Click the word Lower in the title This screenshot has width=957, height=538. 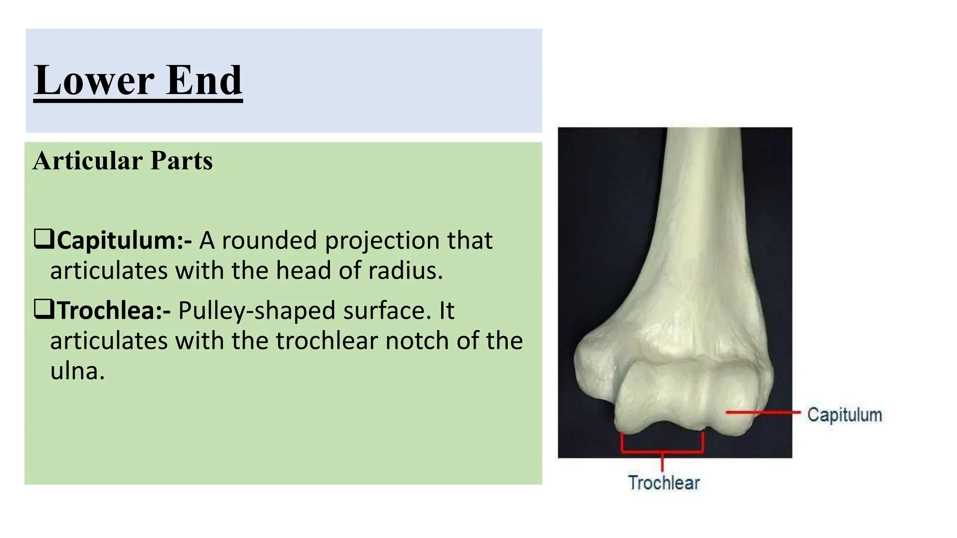click(x=93, y=80)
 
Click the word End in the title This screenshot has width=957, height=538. click(x=204, y=80)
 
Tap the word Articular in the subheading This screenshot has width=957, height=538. click(x=87, y=161)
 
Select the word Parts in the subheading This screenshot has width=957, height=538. click(x=181, y=161)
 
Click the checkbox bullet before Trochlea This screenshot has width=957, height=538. click(x=43, y=309)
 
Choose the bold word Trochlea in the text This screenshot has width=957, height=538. click(x=110, y=311)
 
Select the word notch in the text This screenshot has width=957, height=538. click(x=417, y=341)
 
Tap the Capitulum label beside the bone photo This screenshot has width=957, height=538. click(x=844, y=415)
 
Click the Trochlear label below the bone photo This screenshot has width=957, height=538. click(x=664, y=482)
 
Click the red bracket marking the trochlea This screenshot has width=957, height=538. click(x=662, y=452)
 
